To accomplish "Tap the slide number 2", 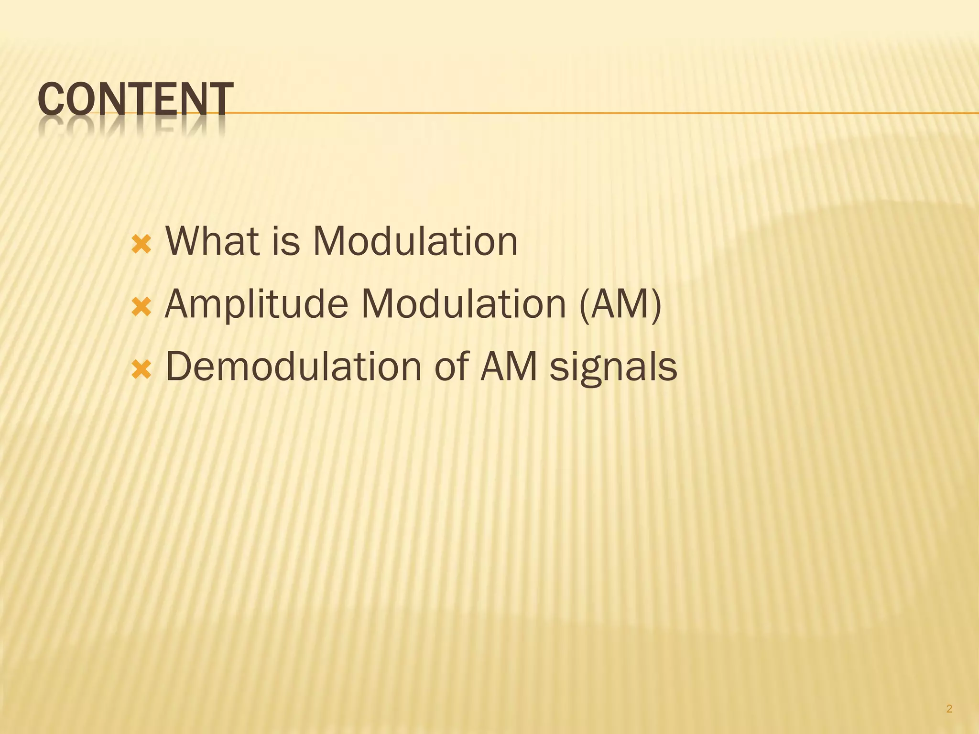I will (x=949, y=696).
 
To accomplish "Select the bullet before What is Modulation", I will (x=141, y=245).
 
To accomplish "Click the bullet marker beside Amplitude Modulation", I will (x=141, y=307).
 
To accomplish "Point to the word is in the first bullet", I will (x=286, y=241).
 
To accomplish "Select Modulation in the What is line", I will (x=415, y=241).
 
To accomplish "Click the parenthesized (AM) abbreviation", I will (x=620, y=305).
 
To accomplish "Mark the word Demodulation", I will (x=293, y=367).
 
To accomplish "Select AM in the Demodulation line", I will (x=509, y=367).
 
